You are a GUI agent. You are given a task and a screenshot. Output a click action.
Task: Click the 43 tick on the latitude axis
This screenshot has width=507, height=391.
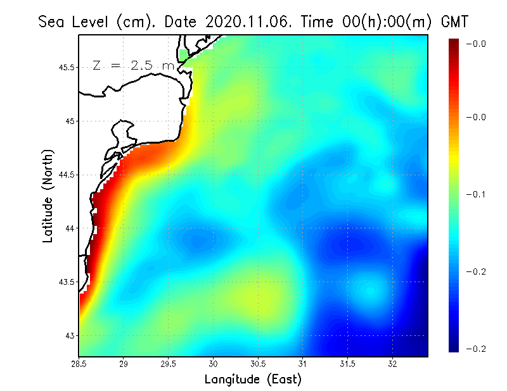tap(70, 335)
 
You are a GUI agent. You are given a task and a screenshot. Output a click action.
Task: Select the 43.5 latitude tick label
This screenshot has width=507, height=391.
tap(67, 282)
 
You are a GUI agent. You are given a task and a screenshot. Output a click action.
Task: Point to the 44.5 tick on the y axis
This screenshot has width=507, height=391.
tap(67, 175)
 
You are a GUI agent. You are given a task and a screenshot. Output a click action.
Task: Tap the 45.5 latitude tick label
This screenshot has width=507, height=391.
tap(67, 67)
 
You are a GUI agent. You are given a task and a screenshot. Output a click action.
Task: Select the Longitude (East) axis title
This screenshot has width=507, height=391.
tap(253, 380)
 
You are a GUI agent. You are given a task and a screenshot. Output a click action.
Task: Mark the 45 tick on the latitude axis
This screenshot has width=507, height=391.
tap(70, 121)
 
